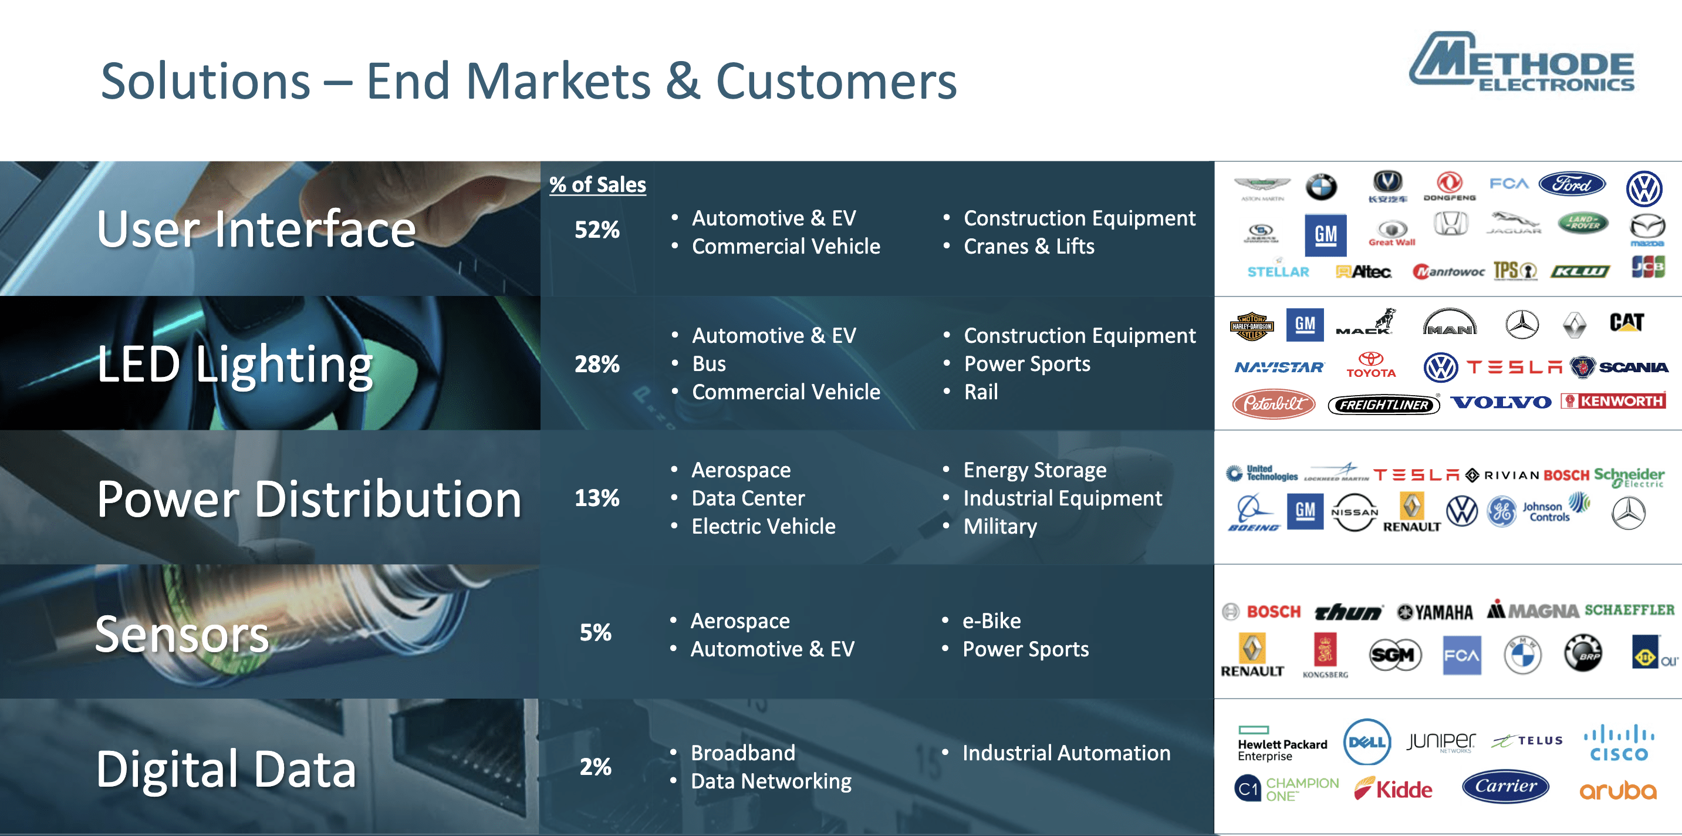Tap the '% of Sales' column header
pyautogui.click(x=597, y=185)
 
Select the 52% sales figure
pyautogui.click(x=597, y=230)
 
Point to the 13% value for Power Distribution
pyautogui.click(x=597, y=498)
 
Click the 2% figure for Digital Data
pyautogui.click(x=596, y=767)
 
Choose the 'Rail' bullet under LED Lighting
pyautogui.click(x=981, y=392)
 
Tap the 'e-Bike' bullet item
pyautogui.click(x=991, y=621)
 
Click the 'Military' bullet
pyautogui.click(x=999, y=527)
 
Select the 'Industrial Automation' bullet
pyautogui.click(x=1066, y=753)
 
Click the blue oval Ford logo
pyautogui.click(x=1572, y=184)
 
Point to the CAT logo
pyautogui.click(x=1626, y=323)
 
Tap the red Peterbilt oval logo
pyautogui.click(x=1274, y=404)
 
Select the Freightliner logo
pyautogui.click(x=1384, y=405)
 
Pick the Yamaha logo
pyautogui.click(x=1435, y=612)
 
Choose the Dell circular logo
pyautogui.click(x=1367, y=742)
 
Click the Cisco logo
pyautogui.click(x=1619, y=744)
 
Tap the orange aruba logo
pyautogui.click(x=1617, y=791)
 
